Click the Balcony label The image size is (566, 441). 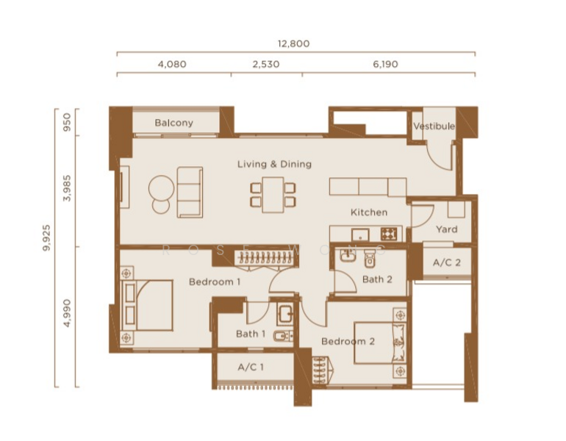(x=173, y=123)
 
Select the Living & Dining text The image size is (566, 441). (x=274, y=164)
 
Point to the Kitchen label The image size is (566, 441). (x=368, y=212)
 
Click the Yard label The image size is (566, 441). (x=446, y=229)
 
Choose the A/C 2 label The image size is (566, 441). (x=447, y=262)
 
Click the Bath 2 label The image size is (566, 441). (x=377, y=279)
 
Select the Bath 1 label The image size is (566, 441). (x=251, y=334)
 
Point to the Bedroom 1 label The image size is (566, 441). (x=215, y=282)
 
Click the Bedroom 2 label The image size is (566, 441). (x=348, y=342)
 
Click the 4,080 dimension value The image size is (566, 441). (x=172, y=64)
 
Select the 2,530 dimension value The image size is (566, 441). (x=265, y=64)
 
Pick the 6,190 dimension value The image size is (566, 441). (x=385, y=64)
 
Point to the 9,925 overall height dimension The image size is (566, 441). (x=48, y=248)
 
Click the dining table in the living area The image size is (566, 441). (x=273, y=193)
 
